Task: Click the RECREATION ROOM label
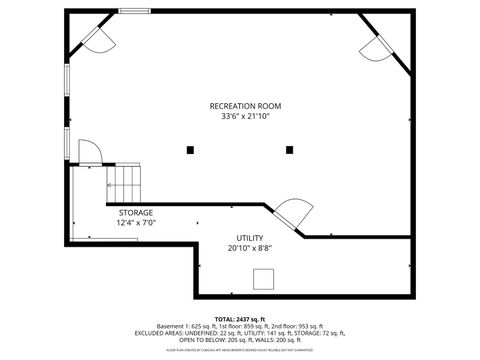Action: (x=245, y=106)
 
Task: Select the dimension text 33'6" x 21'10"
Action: (x=245, y=116)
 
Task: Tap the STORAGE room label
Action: (x=136, y=213)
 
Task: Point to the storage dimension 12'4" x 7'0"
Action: (x=136, y=223)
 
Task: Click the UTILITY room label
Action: (x=250, y=238)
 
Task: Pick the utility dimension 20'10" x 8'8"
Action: (x=250, y=248)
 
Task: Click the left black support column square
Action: (x=190, y=150)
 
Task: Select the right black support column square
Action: (x=289, y=150)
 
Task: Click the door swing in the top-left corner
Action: (x=97, y=38)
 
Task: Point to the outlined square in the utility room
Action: (x=264, y=279)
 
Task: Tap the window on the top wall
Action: (x=134, y=12)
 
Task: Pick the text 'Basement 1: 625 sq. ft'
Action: (x=183, y=326)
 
